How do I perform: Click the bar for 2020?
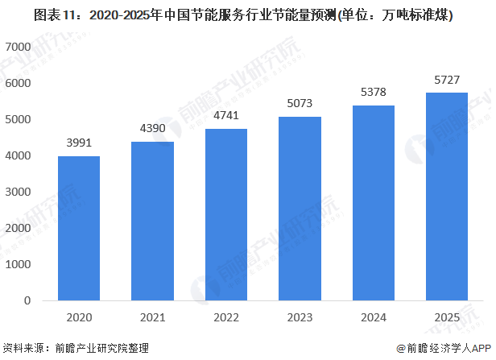click(79, 229)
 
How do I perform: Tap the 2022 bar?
click(226, 215)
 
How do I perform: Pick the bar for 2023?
click(300, 209)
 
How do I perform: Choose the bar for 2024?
click(374, 203)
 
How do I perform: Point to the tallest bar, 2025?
click(447, 197)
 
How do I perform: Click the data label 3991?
click(79, 143)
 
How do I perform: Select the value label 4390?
click(153, 128)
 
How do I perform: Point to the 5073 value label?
click(300, 103)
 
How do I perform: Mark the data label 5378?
click(374, 92)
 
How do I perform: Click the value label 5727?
click(447, 79)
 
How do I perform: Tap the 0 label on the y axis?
click(27, 300)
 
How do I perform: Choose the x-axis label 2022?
click(226, 318)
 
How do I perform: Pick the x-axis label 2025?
click(447, 318)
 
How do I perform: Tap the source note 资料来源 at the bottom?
click(80, 348)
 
